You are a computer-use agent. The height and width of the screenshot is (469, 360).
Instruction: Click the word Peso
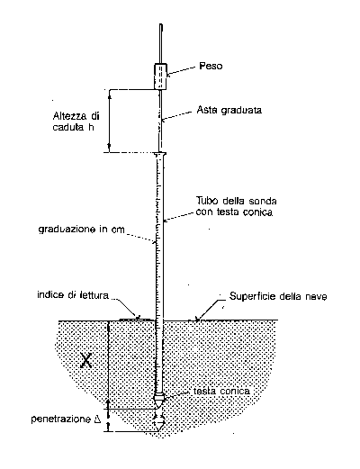click(x=211, y=66)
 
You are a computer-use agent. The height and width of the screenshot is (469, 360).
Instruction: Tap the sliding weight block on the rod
click(x=160, y=77)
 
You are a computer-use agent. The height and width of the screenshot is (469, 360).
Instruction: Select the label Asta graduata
click(x=229, y=110)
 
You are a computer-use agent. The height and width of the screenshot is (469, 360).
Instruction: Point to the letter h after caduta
click(x=91, y=127)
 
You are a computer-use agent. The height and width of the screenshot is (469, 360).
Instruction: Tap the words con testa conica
click(x=234, y=212)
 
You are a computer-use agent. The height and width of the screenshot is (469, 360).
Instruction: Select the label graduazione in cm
click(x=81, y=230)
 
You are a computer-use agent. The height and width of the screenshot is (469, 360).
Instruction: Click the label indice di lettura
click(x=73, y=295)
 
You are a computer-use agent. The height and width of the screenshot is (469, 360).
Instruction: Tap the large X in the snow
click(x=86, y=360)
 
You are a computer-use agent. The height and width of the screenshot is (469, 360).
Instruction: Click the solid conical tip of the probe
click(x=158, y=401)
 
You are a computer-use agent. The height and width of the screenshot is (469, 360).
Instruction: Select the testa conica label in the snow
click(x=221, y=392)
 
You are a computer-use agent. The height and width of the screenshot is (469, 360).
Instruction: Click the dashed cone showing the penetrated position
click(x=158, y=424)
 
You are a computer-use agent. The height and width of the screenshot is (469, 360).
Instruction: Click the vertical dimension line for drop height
click(x=109, y=121)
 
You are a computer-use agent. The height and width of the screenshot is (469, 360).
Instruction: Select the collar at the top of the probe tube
click(x=160, y=154)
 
